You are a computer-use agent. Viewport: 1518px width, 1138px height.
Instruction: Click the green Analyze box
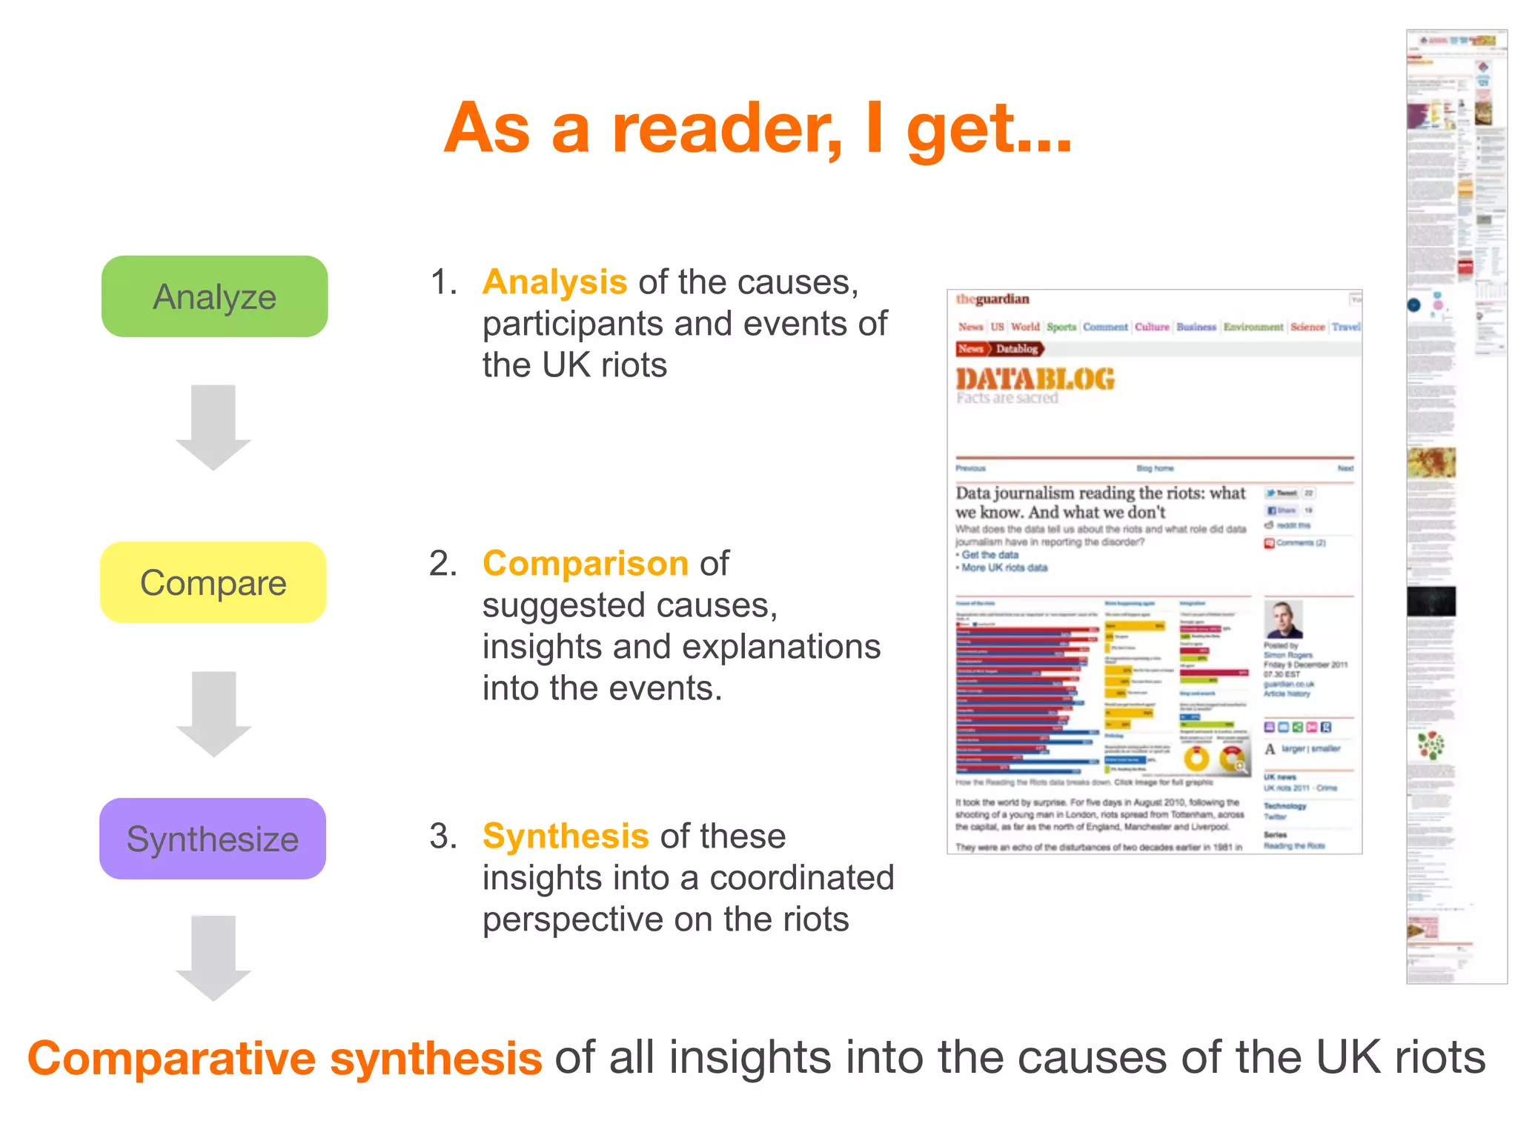(x=214, y=296)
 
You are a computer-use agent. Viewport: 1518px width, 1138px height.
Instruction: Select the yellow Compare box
(x=213, y=582)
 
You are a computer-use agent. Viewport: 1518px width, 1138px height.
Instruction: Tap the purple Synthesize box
(x=213, y=839)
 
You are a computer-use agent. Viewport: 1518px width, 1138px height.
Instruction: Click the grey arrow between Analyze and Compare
(x=213, y=426)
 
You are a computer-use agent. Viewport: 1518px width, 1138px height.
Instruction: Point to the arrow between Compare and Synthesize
(x=213, y=713)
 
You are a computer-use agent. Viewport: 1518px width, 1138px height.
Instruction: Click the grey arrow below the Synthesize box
(x=213, y=957)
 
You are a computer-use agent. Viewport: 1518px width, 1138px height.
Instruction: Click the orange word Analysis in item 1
(x=554, y=282)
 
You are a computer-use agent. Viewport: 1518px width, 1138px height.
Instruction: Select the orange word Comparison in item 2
(x=585, y=564)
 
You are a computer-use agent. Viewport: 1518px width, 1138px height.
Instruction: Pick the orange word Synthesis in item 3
(x=565, y=836)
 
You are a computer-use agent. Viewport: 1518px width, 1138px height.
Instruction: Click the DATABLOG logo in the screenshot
(x=1035, y=379)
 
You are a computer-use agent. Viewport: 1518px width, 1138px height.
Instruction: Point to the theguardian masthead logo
(x=992, y=299)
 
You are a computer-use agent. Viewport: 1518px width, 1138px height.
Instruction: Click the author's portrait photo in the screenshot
(x=1283, y=620)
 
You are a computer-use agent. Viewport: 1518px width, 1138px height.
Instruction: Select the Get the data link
(x=990, y=555)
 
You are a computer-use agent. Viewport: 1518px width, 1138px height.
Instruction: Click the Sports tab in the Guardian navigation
(x=1061, y=327)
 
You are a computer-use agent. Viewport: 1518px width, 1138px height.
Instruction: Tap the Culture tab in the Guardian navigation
(x=1151, y=327)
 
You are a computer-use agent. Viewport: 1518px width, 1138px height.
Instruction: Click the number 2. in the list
(x=443, y=564)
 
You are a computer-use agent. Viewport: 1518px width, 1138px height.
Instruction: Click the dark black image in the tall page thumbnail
(x=1431, y=601)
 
